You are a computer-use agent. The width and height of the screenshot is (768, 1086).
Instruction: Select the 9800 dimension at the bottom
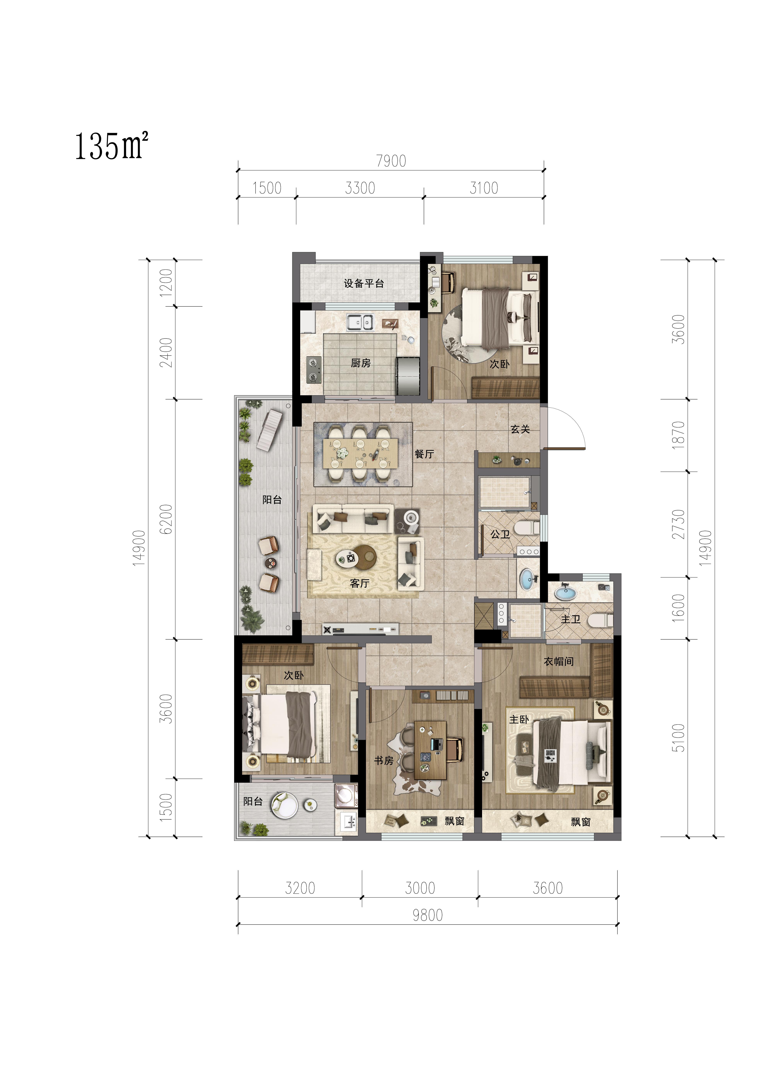pyautogui.click(x=428, y=915)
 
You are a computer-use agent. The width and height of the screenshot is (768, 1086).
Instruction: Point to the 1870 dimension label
pyautogui.click(x=678, y=435)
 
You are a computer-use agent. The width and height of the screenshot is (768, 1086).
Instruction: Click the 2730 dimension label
pyautogui.click(x=678, y=524)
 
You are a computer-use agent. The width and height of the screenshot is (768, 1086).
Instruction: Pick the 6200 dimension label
pyautogui.click(x=166, y=519)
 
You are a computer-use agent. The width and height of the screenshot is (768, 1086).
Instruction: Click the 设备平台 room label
pyautogui.click(x=364, y=283)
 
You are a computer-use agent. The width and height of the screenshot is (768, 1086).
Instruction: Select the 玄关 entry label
pyautogui.click(x=520, y=429)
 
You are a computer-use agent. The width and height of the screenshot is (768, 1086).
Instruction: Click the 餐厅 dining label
pyautogui.click(x=424, y=454)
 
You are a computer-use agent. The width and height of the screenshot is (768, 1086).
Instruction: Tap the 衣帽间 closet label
pyautogui.click(x=558, y=661)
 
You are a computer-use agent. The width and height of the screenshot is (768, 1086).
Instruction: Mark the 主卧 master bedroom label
pyautogui.click(x=519, y=719)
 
